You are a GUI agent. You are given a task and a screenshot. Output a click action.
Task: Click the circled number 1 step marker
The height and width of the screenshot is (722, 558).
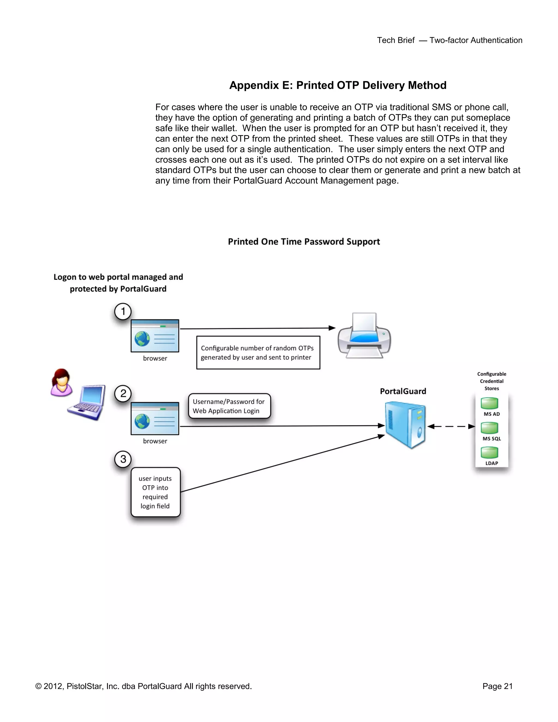[123, 311]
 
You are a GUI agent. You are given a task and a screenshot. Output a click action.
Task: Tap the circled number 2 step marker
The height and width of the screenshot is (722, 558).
[123, 393]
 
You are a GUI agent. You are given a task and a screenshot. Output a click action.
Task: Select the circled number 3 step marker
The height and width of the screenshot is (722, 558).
[123, 459]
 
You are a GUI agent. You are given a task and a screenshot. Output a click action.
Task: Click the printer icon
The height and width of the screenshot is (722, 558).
[364, 336]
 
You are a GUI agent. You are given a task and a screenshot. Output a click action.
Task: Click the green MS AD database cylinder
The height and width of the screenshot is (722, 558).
[489, 403]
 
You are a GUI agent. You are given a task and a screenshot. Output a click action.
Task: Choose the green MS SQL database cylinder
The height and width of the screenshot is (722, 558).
[489, 428]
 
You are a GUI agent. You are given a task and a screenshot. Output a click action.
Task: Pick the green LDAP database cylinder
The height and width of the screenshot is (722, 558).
[489, 453]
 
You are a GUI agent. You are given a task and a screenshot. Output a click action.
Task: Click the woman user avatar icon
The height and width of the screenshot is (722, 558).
[62, 383]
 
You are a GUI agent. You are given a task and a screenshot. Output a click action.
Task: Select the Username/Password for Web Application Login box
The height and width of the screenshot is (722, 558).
[229, 406]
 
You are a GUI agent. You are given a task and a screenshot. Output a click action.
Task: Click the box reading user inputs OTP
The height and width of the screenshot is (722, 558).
[155, 492]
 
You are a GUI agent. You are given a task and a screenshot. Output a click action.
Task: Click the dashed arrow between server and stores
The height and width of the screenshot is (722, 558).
[451, 426]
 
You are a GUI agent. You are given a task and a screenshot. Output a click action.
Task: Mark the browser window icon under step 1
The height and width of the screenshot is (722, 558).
[155, 336]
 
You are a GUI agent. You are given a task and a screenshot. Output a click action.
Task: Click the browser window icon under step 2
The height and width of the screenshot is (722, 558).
[155, 418]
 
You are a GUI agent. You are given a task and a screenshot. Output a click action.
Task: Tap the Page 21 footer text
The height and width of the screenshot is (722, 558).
[497, 686]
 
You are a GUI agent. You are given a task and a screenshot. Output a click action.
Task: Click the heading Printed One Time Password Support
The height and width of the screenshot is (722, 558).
[304, 242]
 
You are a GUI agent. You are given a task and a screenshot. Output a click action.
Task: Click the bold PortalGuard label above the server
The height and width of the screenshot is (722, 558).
[403, 392]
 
